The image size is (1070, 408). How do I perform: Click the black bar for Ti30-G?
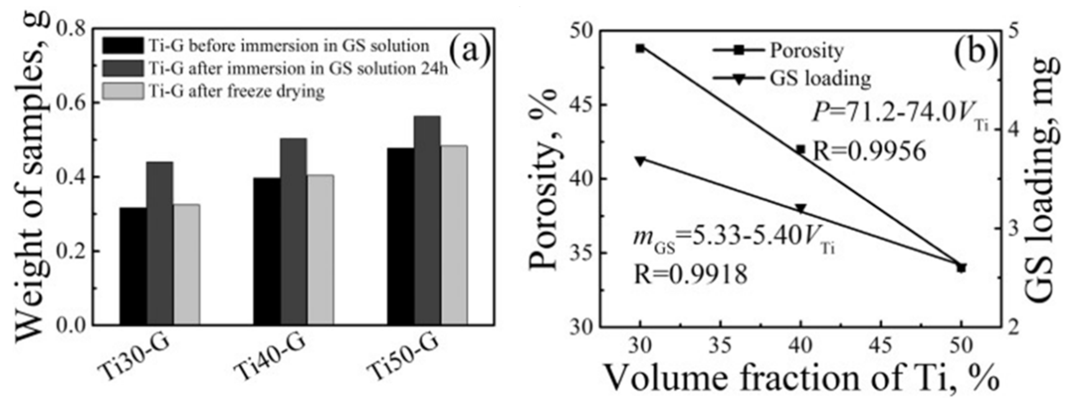(133, 266)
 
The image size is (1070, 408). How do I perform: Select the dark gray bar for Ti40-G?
(294, 231)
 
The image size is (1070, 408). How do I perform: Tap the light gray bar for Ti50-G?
(454, 235)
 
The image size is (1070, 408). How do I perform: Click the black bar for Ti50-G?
(401, 236)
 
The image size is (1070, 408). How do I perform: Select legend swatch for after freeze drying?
(123, 91)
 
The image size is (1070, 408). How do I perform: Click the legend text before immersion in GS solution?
(288, 46)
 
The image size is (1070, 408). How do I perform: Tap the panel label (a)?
(470, 53)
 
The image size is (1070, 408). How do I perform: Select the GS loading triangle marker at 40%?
(801, 209)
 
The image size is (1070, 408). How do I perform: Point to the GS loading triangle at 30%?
(641, 161)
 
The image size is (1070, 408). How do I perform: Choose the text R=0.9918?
(690, 275)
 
